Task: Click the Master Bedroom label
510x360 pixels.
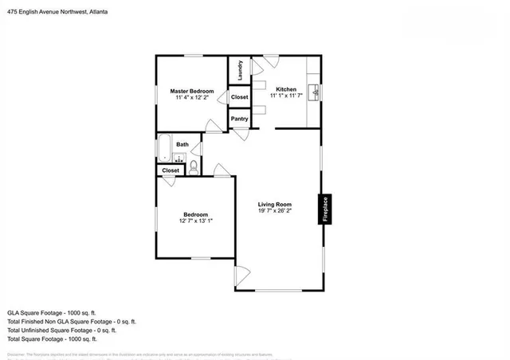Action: [192, 92]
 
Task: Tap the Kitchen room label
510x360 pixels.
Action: [286, 89]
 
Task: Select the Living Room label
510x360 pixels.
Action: [275, 205]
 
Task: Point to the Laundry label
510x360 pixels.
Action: [239, 69]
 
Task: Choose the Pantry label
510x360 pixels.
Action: [239, 119]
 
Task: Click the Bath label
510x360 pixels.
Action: [182, 144]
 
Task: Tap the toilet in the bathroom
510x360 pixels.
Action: [193, 166]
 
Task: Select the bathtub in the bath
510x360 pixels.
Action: [165, 148]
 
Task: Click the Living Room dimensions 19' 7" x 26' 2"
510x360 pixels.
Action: [275, 211]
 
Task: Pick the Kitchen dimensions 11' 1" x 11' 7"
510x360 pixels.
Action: [286, 96]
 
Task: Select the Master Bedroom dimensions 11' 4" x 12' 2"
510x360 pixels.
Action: [192, 98]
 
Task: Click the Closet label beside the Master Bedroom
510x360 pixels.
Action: [239, 97]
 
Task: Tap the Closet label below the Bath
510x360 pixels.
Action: [171, 170]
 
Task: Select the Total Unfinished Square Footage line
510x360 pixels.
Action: [61, 330]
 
